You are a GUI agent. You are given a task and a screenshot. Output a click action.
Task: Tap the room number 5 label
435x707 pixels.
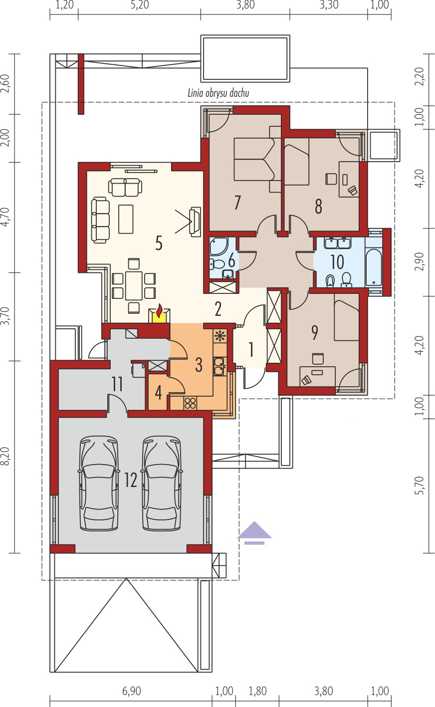(x=159, y=243)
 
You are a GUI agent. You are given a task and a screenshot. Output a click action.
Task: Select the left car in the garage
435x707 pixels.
(x=99, y=483)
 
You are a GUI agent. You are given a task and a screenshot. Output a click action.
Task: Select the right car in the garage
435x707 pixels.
(x=162, y=483)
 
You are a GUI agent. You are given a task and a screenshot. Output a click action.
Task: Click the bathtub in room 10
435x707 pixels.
(x=374, y=267)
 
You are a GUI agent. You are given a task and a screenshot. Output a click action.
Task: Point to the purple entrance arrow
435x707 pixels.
(x=254, y=533)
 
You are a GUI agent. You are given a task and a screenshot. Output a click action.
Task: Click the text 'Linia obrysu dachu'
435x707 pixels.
(x=218, y=93)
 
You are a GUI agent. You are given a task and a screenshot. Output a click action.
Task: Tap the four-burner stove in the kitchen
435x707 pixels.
(x=191, y=403)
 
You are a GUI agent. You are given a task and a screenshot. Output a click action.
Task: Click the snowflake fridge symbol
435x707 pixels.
(x=219, y=336)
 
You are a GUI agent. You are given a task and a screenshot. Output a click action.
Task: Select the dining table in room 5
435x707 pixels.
(x=134, y=286)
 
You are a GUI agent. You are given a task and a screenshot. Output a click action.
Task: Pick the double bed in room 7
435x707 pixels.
(x=254, y=159)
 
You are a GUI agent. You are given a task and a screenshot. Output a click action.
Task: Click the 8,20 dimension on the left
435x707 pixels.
(x=6, y=456)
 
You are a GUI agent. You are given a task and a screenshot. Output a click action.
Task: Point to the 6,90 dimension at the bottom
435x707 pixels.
(x=132, y=691)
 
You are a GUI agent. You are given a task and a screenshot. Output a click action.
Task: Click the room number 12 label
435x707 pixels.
(x=130, y=480)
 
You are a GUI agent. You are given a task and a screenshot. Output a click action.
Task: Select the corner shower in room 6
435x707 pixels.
(x=219, y=246)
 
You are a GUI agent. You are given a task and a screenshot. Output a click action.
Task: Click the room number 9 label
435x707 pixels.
(x=314, y=333)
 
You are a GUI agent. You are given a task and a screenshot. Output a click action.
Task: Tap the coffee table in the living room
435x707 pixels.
(x=126, y=219)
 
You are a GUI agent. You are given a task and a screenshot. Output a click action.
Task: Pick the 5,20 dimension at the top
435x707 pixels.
(x=140, y=5)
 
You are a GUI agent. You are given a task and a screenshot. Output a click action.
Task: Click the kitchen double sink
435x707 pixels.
(x=219, y=366)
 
